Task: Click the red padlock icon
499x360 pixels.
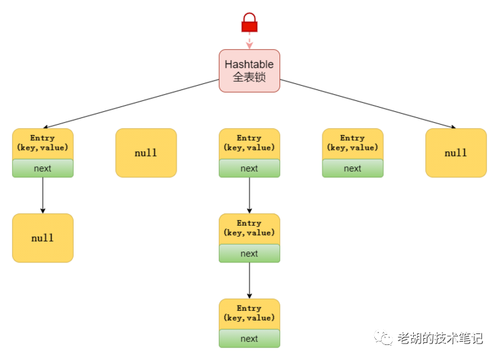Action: [249, 22]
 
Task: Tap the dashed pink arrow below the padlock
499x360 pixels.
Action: [249, 40]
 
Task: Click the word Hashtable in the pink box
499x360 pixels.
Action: [249, 65]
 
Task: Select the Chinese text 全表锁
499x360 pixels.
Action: [249, 77]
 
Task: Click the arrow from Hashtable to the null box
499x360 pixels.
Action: [368, 104]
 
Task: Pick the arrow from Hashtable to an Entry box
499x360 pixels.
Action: [130, 104]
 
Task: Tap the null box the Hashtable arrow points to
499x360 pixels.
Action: [455, 153]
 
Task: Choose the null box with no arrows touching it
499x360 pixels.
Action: [146, 153]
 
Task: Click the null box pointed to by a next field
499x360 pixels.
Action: [42, 238]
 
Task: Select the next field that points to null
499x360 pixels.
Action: [42, 168]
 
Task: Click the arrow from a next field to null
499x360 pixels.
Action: [42, 195]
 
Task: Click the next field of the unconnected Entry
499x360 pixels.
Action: [352, 168]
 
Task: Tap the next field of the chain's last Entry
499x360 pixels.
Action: [249, 339]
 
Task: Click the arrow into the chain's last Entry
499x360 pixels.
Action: [249, 280]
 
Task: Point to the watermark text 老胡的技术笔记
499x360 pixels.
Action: [440, 338]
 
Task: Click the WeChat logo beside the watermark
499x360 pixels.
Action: [387, 338]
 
